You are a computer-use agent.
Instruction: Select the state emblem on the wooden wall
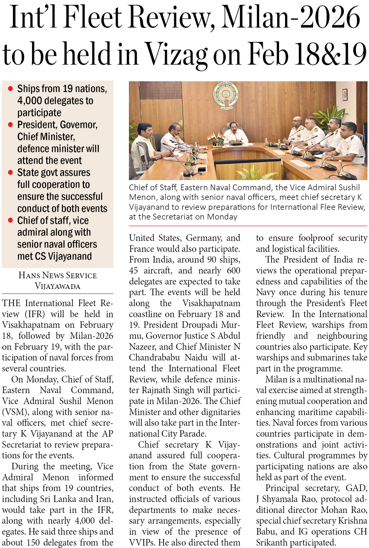(226, 95)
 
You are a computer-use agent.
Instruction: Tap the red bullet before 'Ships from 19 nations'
(11, 89)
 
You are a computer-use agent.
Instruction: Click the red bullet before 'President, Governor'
(11, 125)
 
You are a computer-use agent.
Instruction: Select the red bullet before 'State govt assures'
(11, 173)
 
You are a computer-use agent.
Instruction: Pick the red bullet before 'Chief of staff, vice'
(11, 220)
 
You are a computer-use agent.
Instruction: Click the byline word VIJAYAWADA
(58, 286)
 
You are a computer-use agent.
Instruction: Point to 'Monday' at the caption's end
(222, 217)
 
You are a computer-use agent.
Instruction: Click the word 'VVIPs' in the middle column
(142, 543)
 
